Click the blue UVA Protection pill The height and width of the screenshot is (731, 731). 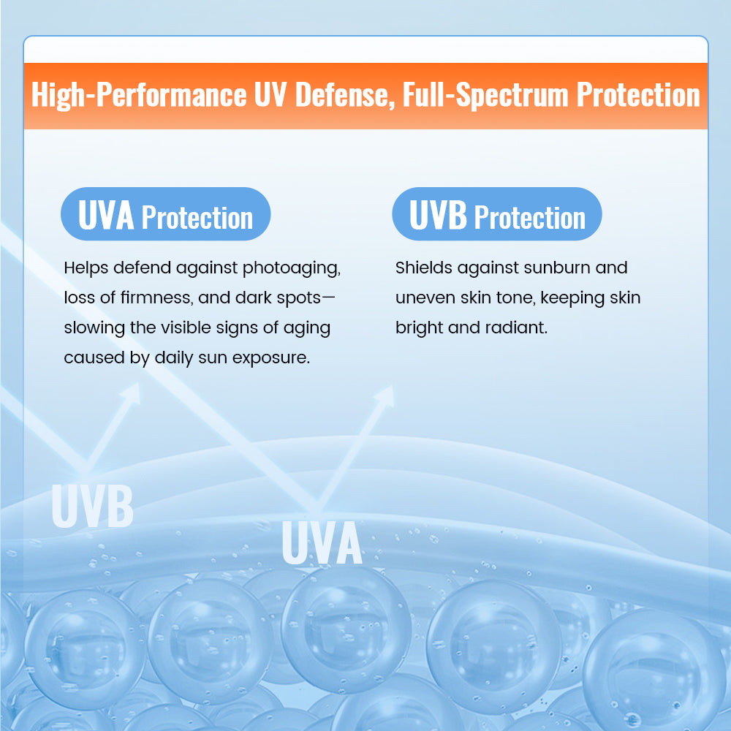(x=165, y=215)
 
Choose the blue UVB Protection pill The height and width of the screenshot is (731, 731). (x=497, y=215)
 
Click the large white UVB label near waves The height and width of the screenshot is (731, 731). (x=92, y=505)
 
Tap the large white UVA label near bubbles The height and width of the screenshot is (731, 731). (x=322, y=542)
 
